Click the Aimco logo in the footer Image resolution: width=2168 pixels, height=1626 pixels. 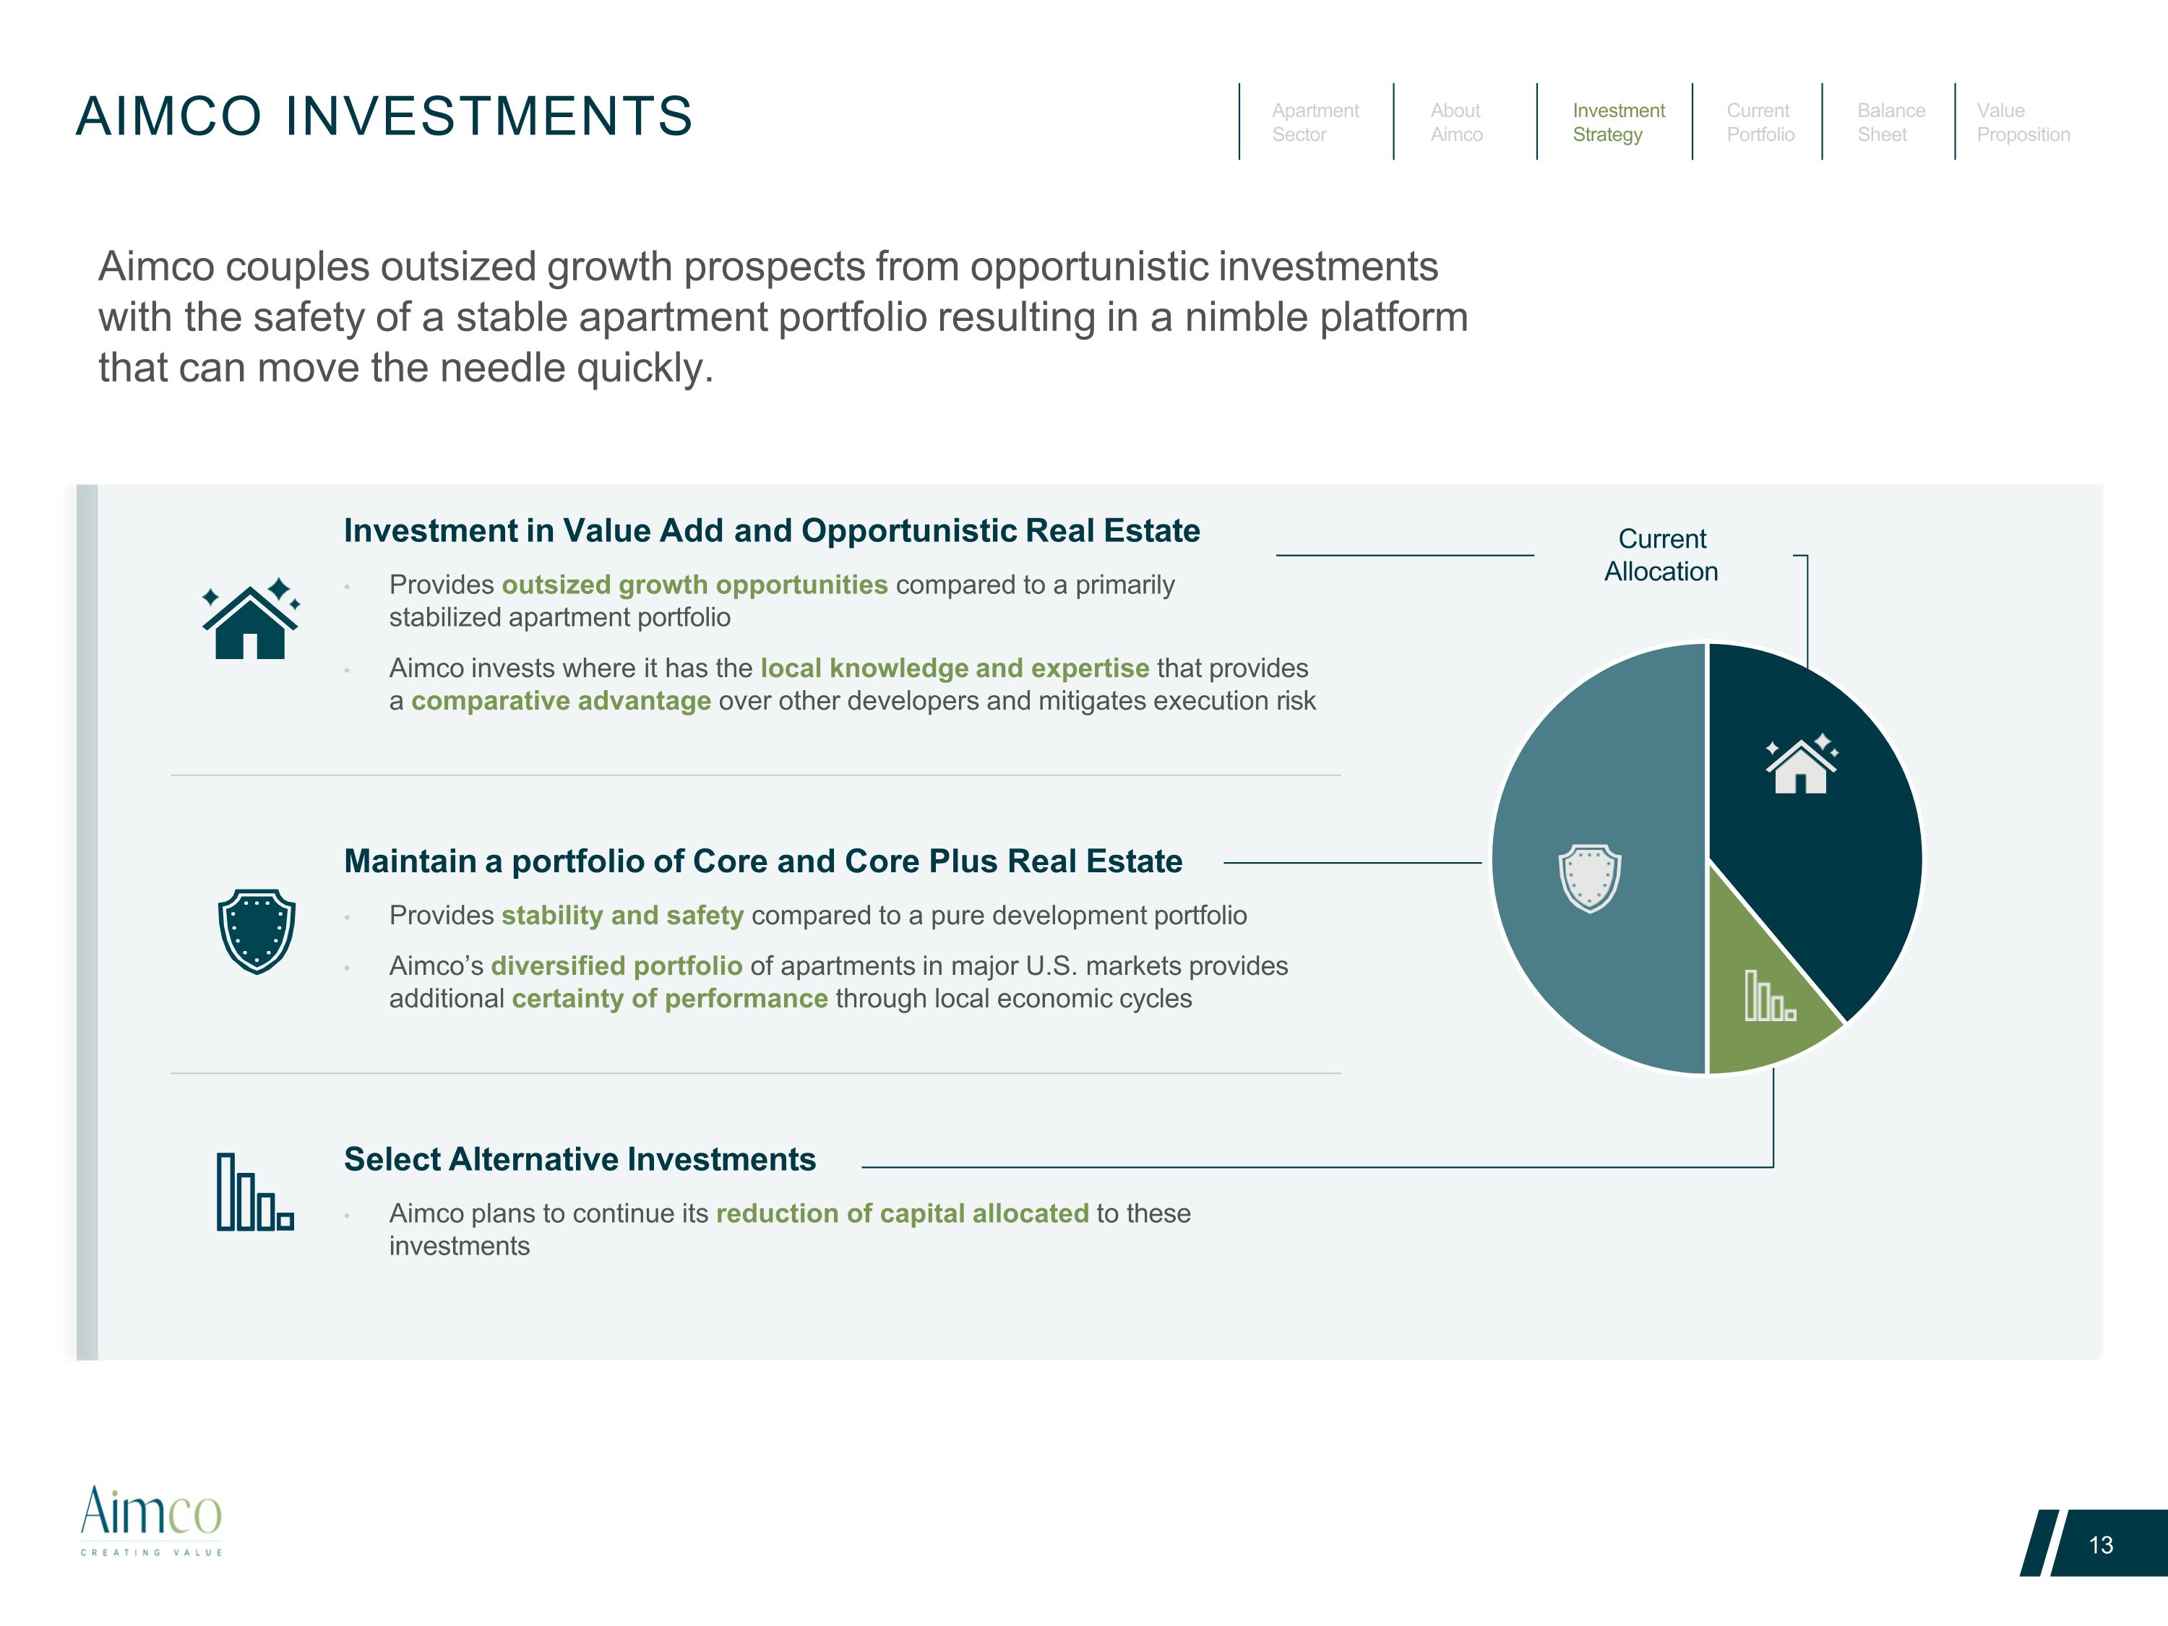point(151,1519)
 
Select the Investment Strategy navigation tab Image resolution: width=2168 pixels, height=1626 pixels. point(1618,123)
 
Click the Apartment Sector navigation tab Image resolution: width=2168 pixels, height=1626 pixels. point(1315,123)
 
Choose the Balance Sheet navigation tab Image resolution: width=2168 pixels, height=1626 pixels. point(1890,123)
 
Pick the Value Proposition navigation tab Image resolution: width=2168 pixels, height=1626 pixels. point(2023,123)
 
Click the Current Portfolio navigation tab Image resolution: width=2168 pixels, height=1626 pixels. point(1760,123)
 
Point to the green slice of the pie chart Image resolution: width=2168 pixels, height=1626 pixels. point(1764,990)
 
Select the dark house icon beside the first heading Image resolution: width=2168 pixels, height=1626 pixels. point(251,617)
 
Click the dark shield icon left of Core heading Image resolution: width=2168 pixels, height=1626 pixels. point(257,931)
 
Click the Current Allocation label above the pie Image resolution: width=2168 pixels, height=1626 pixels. point(1661,555)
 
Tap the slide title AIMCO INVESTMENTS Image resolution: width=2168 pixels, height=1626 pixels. point(384,116)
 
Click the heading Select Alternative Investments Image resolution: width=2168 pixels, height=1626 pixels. point(580,1159)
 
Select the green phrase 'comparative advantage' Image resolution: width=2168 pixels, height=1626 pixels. point(561,701)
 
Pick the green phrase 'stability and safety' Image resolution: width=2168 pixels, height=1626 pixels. point(622,916)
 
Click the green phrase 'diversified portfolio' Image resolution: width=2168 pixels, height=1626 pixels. point(616,966)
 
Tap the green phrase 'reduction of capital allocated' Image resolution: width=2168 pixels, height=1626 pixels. point(903,1213)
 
